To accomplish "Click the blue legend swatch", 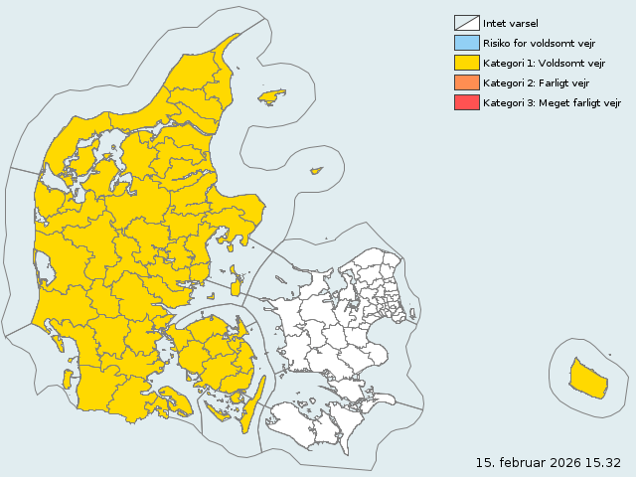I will [466, 43].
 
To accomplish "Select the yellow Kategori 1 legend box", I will [466, 63].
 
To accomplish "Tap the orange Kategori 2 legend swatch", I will [466, 82].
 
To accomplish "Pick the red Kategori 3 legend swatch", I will [466, 102].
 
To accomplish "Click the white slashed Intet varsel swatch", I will [466, 23].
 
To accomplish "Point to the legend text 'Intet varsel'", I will [510, 23].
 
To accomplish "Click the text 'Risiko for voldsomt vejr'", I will [540, 43].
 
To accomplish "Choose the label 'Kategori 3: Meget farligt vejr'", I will [552, 102].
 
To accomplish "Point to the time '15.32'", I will [602, 462].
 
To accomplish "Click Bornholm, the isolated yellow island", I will [587, 379].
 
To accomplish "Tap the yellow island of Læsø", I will [271, 96].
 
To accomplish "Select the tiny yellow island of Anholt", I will [317, 171].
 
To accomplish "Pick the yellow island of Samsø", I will [236, 283].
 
